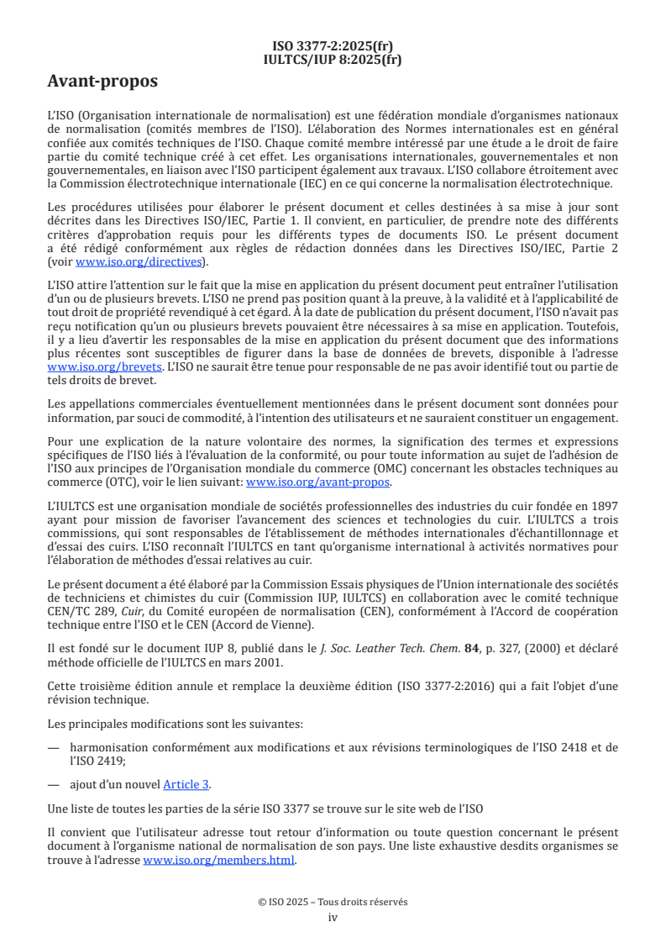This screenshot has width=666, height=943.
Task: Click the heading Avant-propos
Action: pos(102,82)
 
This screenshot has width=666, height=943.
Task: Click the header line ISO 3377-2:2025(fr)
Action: pos(333,46)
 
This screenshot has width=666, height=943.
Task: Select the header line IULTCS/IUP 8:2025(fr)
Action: pos(333,60)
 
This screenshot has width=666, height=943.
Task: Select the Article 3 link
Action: pos(186,784)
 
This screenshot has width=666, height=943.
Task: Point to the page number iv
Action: pos(333,917)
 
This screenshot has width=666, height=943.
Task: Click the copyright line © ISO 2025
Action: pos(333,902)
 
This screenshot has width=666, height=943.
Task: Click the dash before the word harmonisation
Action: pos(54,747)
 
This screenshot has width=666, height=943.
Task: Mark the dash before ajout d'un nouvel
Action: pos(54,784)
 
